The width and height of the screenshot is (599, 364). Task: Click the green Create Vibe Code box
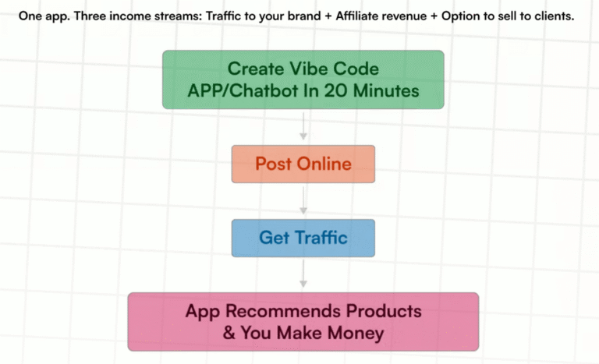pos(303,79)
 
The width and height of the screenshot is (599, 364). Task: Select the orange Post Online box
pos(303,164)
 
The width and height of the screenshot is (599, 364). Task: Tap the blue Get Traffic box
pos(303,238)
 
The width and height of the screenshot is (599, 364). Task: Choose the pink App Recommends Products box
pos(303,322)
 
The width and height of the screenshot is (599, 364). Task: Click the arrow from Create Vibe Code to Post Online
pos(303,126)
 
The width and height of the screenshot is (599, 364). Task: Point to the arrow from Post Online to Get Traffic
pos(303,200)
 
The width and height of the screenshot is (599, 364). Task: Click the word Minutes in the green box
pos(384,91)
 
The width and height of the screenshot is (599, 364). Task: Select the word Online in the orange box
pos(324,164)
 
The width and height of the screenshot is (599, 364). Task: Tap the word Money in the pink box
pos(359,334)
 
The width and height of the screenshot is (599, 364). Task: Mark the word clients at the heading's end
pos(553,16)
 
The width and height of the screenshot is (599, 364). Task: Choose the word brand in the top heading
pos(297,16)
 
